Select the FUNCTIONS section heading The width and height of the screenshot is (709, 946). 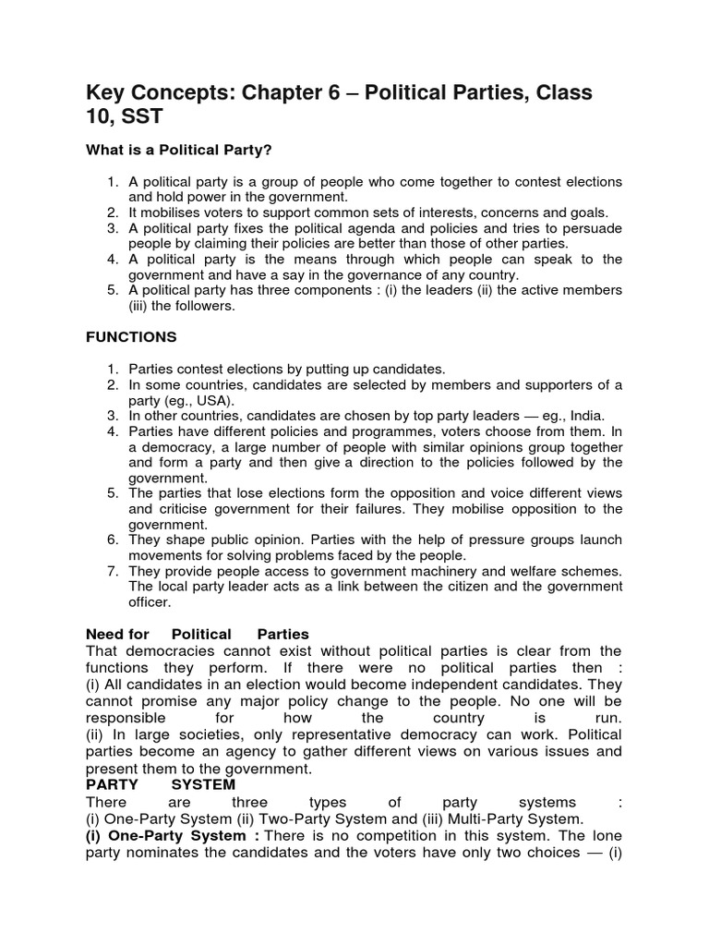coord(131,337)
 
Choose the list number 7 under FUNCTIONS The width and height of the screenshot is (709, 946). coord(113,572)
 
